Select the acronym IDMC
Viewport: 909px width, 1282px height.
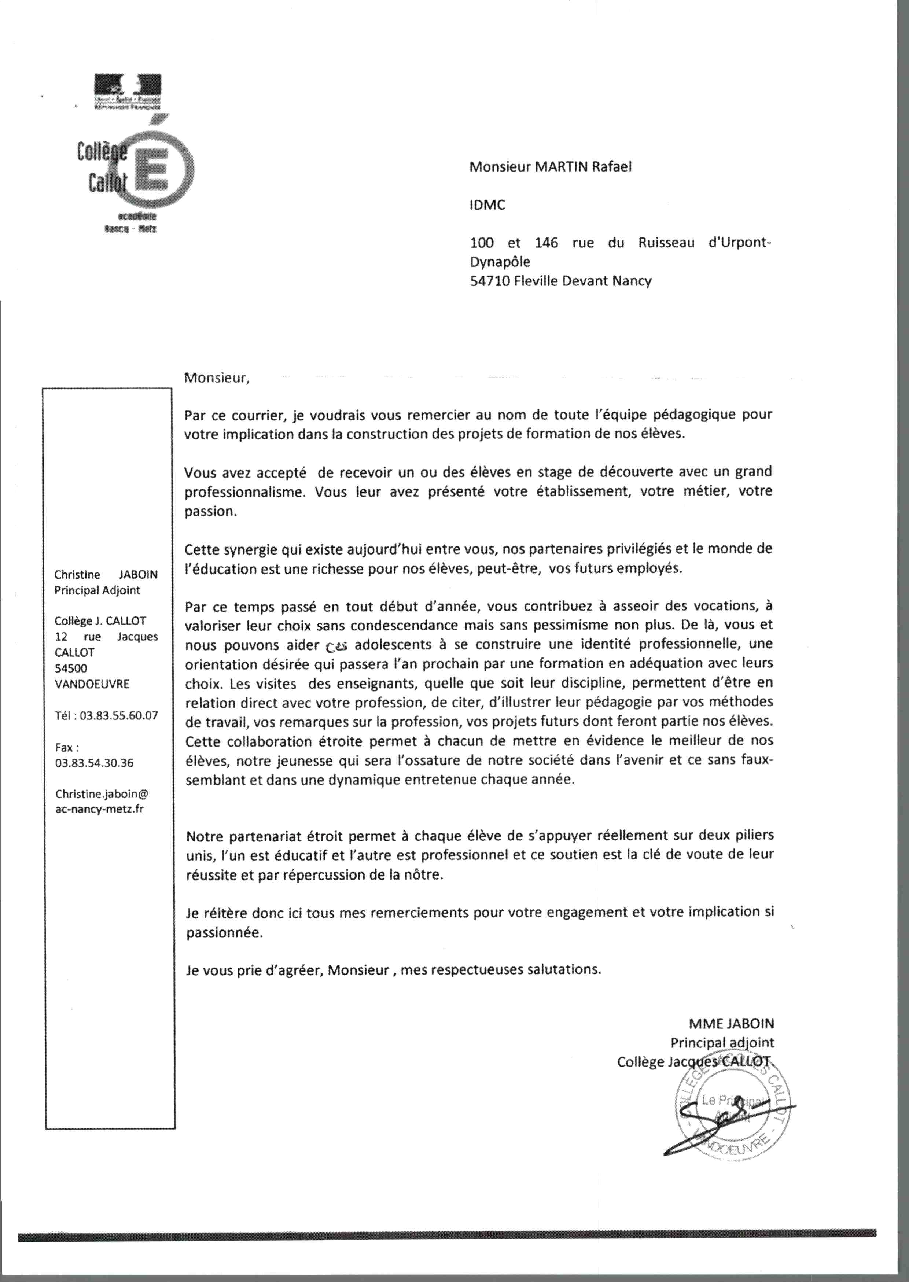coord(487,205)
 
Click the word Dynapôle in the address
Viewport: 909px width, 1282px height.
coord(500,262)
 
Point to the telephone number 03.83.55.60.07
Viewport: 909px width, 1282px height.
coord(119,716)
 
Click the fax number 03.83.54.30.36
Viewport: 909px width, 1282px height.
coord(94,763)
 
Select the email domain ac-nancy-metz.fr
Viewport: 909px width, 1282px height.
coord(99,809)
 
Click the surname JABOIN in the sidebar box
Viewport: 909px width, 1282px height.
coord(138,575)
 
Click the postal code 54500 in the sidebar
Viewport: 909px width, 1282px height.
coord(71,668)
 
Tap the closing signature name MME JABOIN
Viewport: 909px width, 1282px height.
coord(731,1024)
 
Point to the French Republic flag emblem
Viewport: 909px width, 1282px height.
coord(128,85)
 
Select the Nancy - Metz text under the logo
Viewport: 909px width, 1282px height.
coord(130,229)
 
